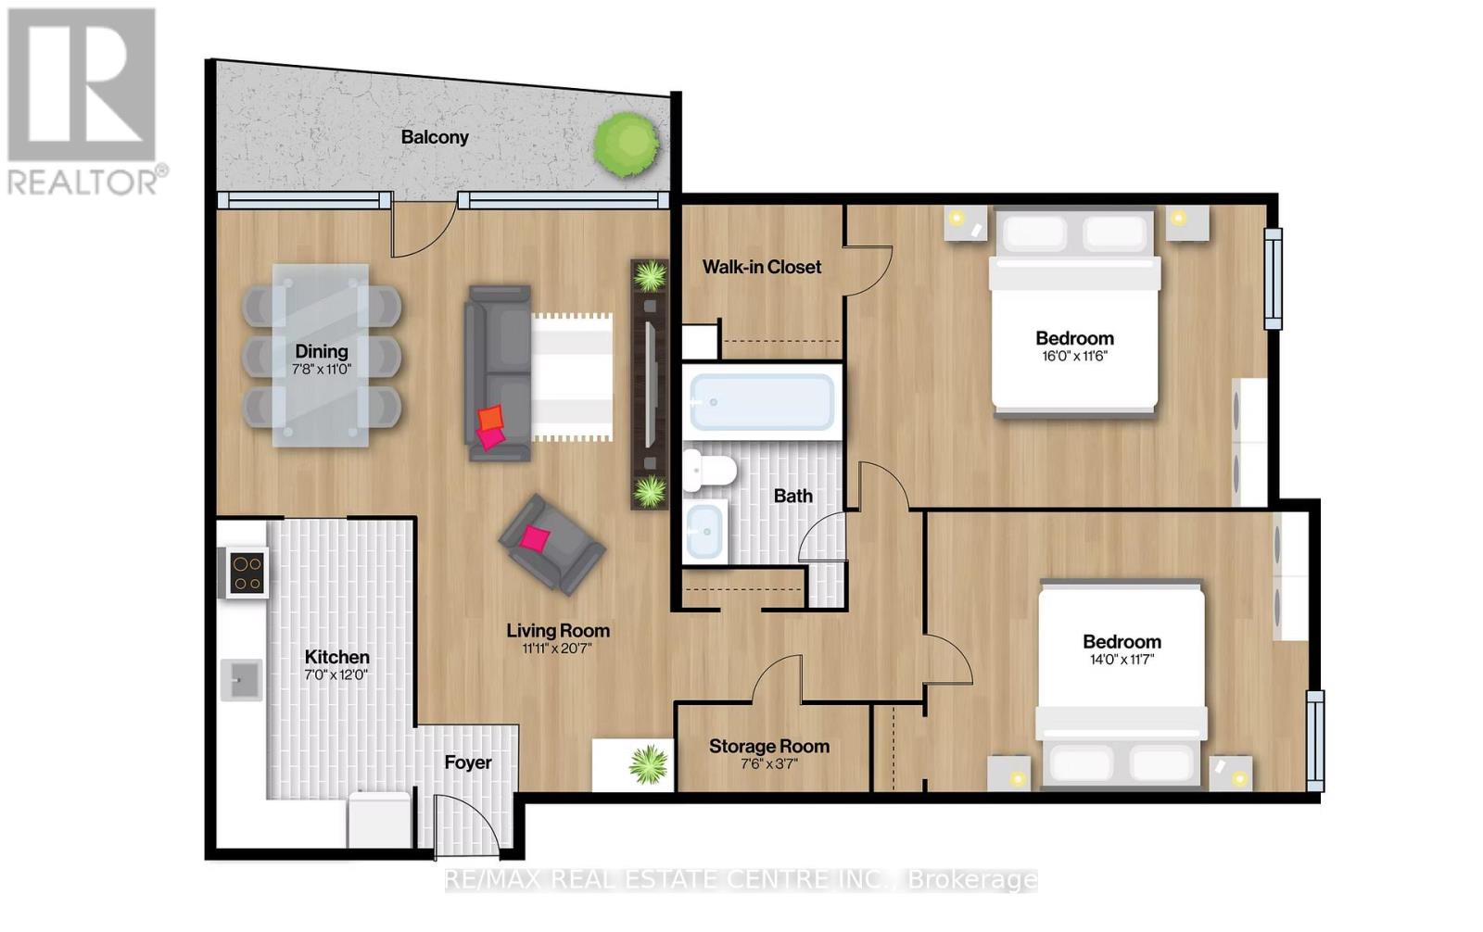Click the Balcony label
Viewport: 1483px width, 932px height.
[435, 137]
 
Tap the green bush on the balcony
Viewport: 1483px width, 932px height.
[627, 143]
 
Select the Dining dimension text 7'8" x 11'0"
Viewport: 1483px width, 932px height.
[322, 370]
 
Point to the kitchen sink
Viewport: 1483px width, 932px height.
[244, 681]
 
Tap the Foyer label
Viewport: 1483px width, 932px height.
[467, 762]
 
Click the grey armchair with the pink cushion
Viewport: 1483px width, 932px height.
[551, 543]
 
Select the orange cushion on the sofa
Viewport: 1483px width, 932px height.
[491, 417]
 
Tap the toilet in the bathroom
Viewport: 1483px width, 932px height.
[705, 471]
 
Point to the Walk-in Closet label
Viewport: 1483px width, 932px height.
[761, 267]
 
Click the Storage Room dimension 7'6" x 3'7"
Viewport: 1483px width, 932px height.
[769, 764]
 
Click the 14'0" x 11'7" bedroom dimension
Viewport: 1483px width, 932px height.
[1122, 660]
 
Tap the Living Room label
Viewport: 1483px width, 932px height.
[557, 631]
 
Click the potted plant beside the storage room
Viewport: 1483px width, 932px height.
[648, 764]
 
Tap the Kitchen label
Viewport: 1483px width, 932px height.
[336, 657]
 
